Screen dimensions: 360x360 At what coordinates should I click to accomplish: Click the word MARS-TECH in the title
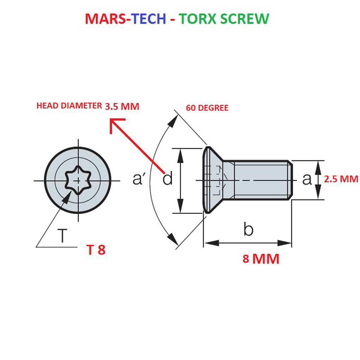(x=125, y=18)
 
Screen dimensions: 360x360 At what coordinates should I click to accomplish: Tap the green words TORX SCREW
(x=224, y=18)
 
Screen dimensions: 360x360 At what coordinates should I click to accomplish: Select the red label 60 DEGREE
(x=207, y=108)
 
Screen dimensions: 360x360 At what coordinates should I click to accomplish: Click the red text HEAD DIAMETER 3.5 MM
(x=88, y=106)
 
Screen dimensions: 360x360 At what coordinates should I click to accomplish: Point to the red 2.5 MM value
(x=341, y=179)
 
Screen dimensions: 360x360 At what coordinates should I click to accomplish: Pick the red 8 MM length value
(x=261, y=259)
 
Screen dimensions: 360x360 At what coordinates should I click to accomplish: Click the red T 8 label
(x=96, y=250)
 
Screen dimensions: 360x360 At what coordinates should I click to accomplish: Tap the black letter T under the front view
(x=62, y=236)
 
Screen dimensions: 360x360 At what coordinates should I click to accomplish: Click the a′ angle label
(x=139, y=179)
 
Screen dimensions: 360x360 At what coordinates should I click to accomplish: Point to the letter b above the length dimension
(x=248, y=230)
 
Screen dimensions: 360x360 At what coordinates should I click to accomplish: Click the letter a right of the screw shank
(x=307, y=179)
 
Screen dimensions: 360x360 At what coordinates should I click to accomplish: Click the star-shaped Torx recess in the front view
(x=78, y=180)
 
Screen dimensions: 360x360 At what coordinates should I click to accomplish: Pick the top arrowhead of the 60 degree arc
(x=173, y=120)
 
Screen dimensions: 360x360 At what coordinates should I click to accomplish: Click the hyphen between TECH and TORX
(x=172, y=19)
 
